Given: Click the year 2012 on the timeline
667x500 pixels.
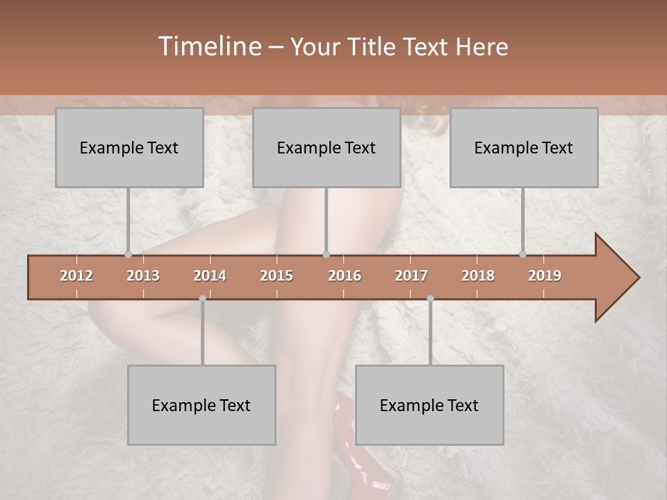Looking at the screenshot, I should coord(76,276).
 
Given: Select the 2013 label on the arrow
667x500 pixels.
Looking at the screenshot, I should coord(143,276).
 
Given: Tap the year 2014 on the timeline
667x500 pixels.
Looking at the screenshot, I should coord(210,276).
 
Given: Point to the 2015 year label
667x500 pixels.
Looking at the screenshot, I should coord(277,276).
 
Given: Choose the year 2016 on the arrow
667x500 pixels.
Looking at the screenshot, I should coord(345,276).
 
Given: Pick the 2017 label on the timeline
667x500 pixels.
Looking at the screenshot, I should coord(411,276).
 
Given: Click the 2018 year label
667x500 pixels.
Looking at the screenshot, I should coord(478,276).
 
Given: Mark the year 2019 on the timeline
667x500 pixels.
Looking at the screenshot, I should coord(545,276).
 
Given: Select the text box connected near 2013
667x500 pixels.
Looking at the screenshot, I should coord(129,148).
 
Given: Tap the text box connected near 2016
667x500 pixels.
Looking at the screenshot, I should coord(327,148).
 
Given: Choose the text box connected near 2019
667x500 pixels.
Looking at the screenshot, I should coord(524,148).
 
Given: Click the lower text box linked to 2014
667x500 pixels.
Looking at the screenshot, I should coord(201,406).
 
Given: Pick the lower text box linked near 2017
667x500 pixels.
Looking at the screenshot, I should coord(429,406).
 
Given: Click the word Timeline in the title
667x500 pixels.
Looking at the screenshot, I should coord(208,47).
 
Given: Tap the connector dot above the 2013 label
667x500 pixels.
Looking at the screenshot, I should coord(128,254).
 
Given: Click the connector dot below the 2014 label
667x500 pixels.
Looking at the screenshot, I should coord(202,299).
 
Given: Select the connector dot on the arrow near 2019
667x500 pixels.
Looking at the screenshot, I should coord(522,254).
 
